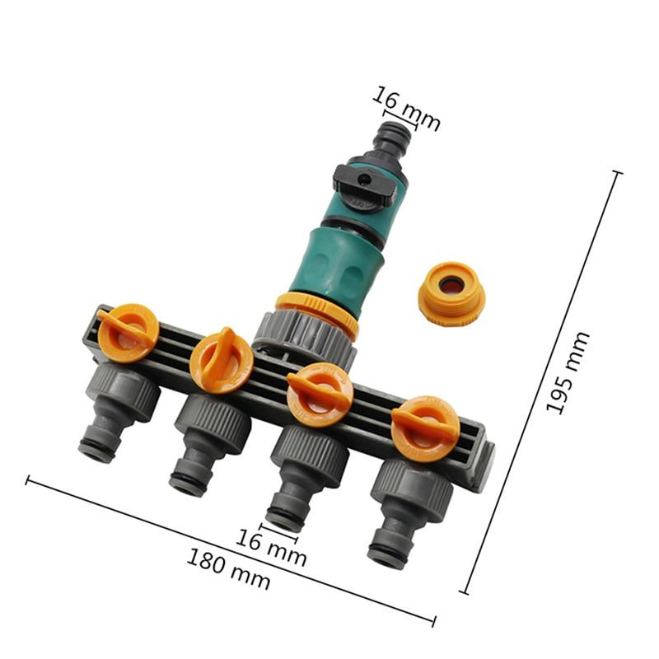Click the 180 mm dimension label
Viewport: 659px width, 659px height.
coord(228,569)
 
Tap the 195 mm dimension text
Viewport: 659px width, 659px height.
coord(567,372)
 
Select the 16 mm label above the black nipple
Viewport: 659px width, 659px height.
coord(406,108)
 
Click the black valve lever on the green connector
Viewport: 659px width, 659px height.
coord(365,182)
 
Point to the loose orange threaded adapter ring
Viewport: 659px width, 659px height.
coord(451,293)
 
